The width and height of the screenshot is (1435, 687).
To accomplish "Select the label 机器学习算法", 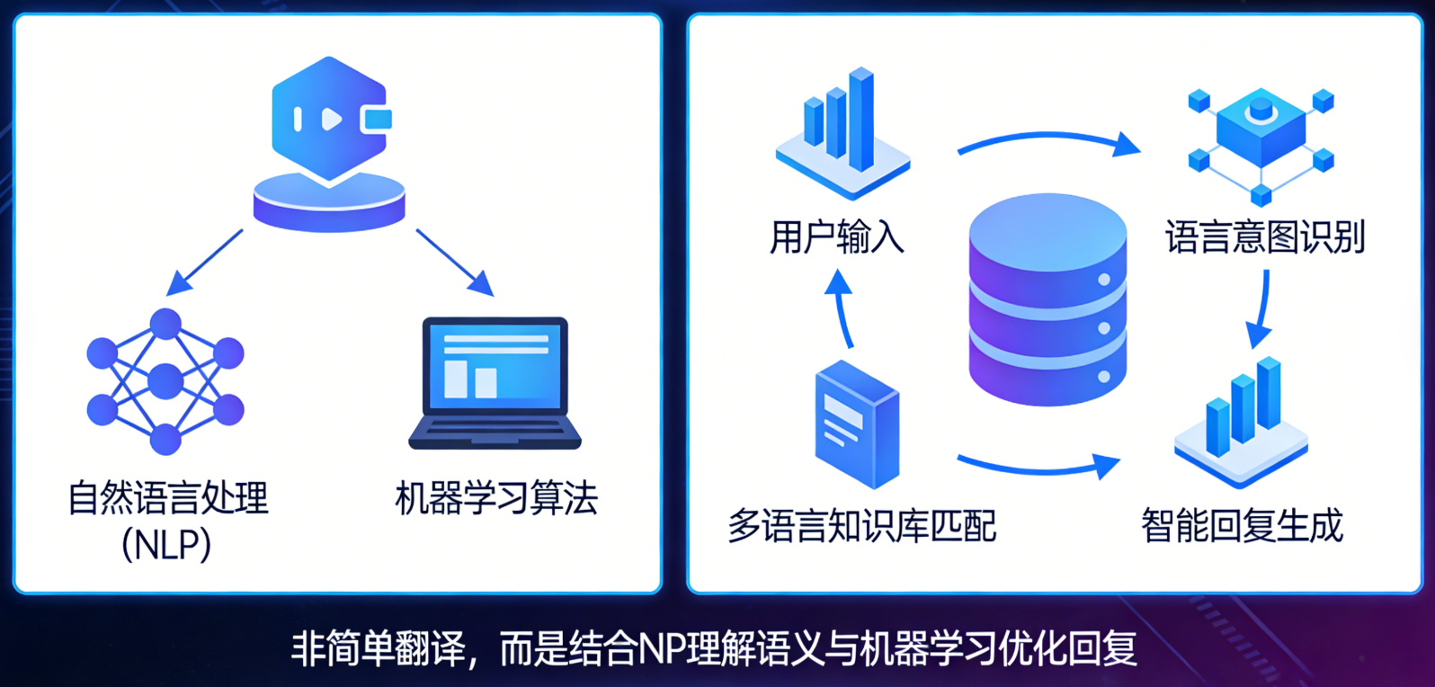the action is pos(496,498).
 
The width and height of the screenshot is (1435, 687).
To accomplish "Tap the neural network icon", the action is pos(165,381).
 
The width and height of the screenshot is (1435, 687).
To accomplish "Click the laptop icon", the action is pos(495,383).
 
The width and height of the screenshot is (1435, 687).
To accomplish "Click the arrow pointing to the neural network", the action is pos(204,263).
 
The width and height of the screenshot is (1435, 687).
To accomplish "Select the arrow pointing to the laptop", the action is pos(456,263).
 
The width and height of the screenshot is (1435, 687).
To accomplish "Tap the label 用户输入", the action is pos(837,237).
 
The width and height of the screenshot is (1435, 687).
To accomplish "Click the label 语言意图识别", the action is pos(1265,237).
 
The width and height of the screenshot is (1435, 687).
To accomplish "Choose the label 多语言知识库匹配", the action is pos(862,526).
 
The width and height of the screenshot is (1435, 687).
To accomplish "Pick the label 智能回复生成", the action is pos(1243,526).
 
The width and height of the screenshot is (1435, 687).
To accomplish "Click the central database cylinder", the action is pos(1047,299).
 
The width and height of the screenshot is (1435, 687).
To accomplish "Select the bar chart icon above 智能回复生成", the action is pos(1241,423).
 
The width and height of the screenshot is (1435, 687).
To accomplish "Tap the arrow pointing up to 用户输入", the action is pos(840,308).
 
